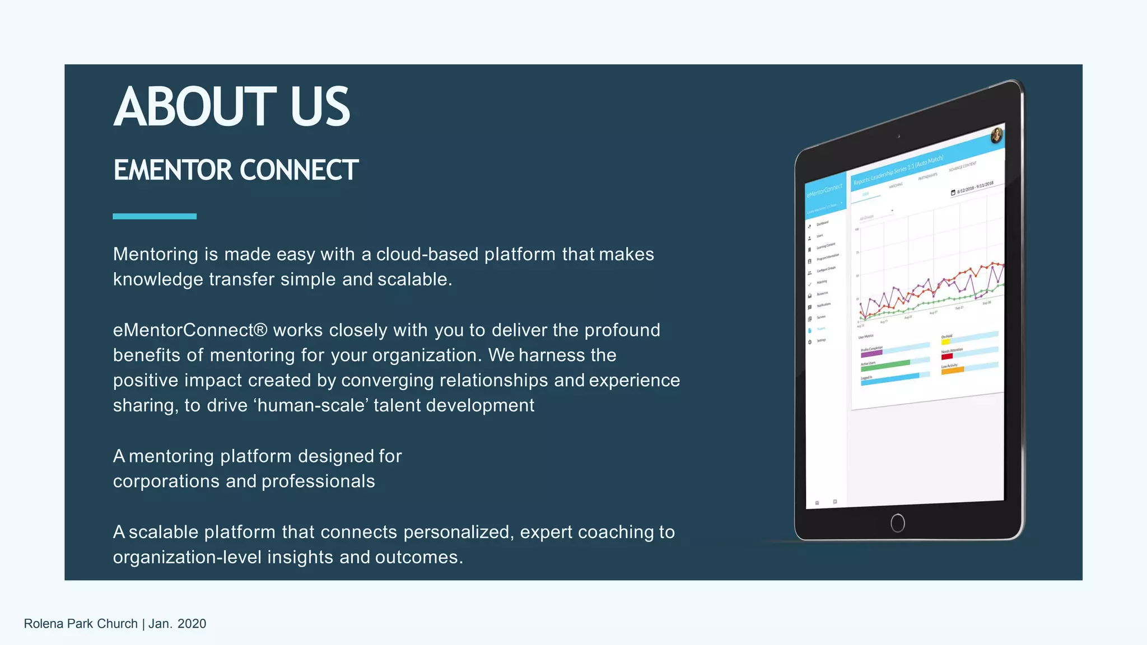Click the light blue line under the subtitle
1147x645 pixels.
pos(155,216)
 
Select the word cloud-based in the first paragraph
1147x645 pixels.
pos(427,254)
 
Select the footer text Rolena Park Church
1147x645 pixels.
pos(81,624)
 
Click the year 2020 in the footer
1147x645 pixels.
pos(192,624)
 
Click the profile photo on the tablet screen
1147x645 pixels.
pos(997,135)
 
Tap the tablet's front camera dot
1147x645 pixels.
pos(899,136)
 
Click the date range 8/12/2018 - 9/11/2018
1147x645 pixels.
pos(975,188)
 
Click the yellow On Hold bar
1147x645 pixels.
pos(945,342)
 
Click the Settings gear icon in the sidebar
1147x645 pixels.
pos(810,342)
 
